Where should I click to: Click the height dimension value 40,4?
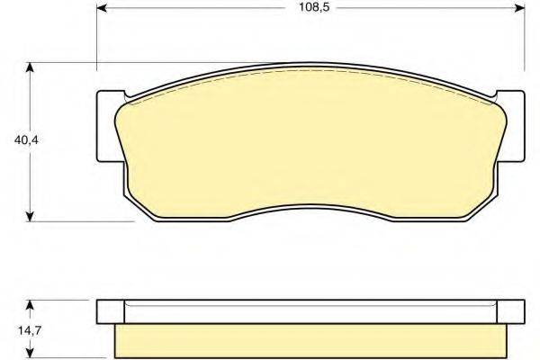15,140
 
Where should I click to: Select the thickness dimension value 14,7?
15,330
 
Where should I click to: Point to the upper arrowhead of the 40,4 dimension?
31,67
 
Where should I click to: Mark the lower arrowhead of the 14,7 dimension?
31,354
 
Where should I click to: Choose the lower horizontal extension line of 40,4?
81,220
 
